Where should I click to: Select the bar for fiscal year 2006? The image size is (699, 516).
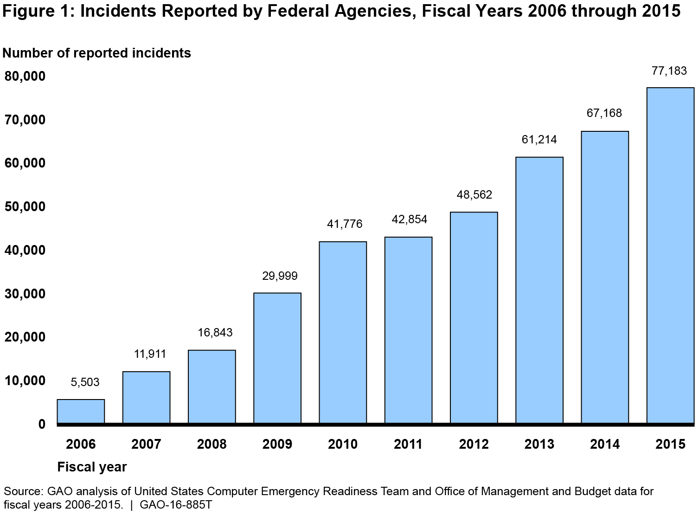coord(81,411)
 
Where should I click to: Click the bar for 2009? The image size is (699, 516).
coord(277,358)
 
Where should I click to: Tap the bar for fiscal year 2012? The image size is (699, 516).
coord(474,317)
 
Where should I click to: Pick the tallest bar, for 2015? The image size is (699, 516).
coord(670,255)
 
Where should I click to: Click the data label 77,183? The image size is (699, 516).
coord(669,71)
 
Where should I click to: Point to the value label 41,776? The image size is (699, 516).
coord(345,225)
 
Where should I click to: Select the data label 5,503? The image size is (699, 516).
coord(85,382)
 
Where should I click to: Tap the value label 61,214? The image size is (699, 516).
coord(539,140)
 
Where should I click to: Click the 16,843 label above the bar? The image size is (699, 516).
coord(215,333)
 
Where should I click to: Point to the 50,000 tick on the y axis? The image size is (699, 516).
coord(25,206)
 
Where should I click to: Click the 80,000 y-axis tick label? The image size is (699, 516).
coord(25,76)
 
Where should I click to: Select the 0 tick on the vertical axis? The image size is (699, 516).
coord(42,424)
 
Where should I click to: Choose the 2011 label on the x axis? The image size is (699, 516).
coord(408,445)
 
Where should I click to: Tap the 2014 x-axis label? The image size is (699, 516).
coord(605,445)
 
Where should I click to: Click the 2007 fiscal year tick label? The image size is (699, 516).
coord(146,445)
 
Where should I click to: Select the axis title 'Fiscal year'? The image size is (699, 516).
coord(92,467)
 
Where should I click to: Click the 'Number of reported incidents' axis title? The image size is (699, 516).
coord(97,53)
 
